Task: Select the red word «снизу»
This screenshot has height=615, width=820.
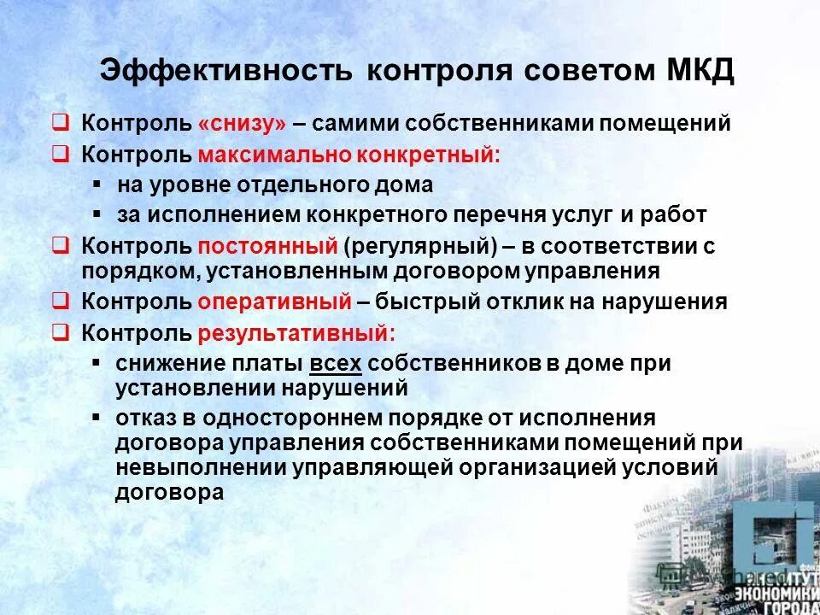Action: (x=242, y=123)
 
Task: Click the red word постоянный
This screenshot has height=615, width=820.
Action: (x=268, y=247)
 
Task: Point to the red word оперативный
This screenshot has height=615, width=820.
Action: (x=274, y=302)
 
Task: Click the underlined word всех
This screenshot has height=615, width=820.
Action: (x=336, y=364)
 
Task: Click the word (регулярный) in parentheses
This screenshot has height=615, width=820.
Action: (x=420, y=247)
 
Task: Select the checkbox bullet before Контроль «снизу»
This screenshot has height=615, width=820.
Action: (x=60, y=122)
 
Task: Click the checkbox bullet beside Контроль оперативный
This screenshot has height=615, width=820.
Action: (x=60, y=301)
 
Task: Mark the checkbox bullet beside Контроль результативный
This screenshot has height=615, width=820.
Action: (x=60, y=331)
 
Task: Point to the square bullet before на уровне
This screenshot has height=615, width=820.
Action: (x=98, y=184)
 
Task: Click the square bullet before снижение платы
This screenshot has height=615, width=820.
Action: (x=98, y=363)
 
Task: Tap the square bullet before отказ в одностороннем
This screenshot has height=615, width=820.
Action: (x=98, y=418)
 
